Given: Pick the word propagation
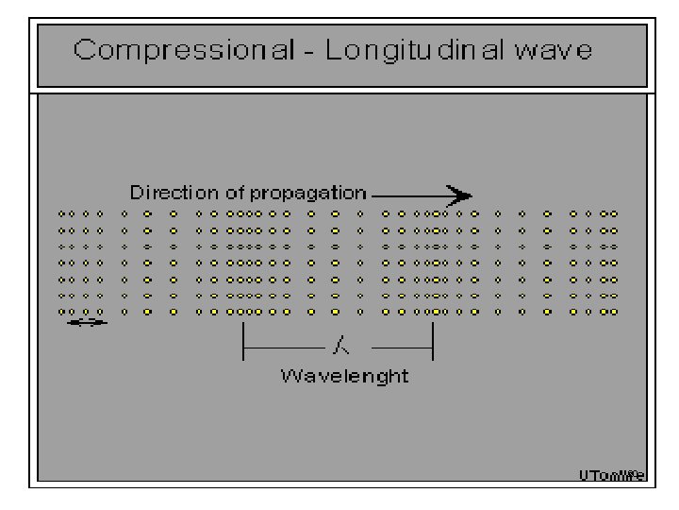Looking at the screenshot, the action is point(307,194).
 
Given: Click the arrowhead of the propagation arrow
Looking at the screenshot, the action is point(460,195).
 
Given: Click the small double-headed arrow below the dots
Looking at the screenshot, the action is point(88,323).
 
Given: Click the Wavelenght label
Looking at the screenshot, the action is point(344,376).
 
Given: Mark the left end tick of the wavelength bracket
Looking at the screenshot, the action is point(244,343).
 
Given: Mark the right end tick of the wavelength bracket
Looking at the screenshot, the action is point(433,343).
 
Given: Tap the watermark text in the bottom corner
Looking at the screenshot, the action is point(612,476).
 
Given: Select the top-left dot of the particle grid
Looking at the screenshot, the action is point(61,213).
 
